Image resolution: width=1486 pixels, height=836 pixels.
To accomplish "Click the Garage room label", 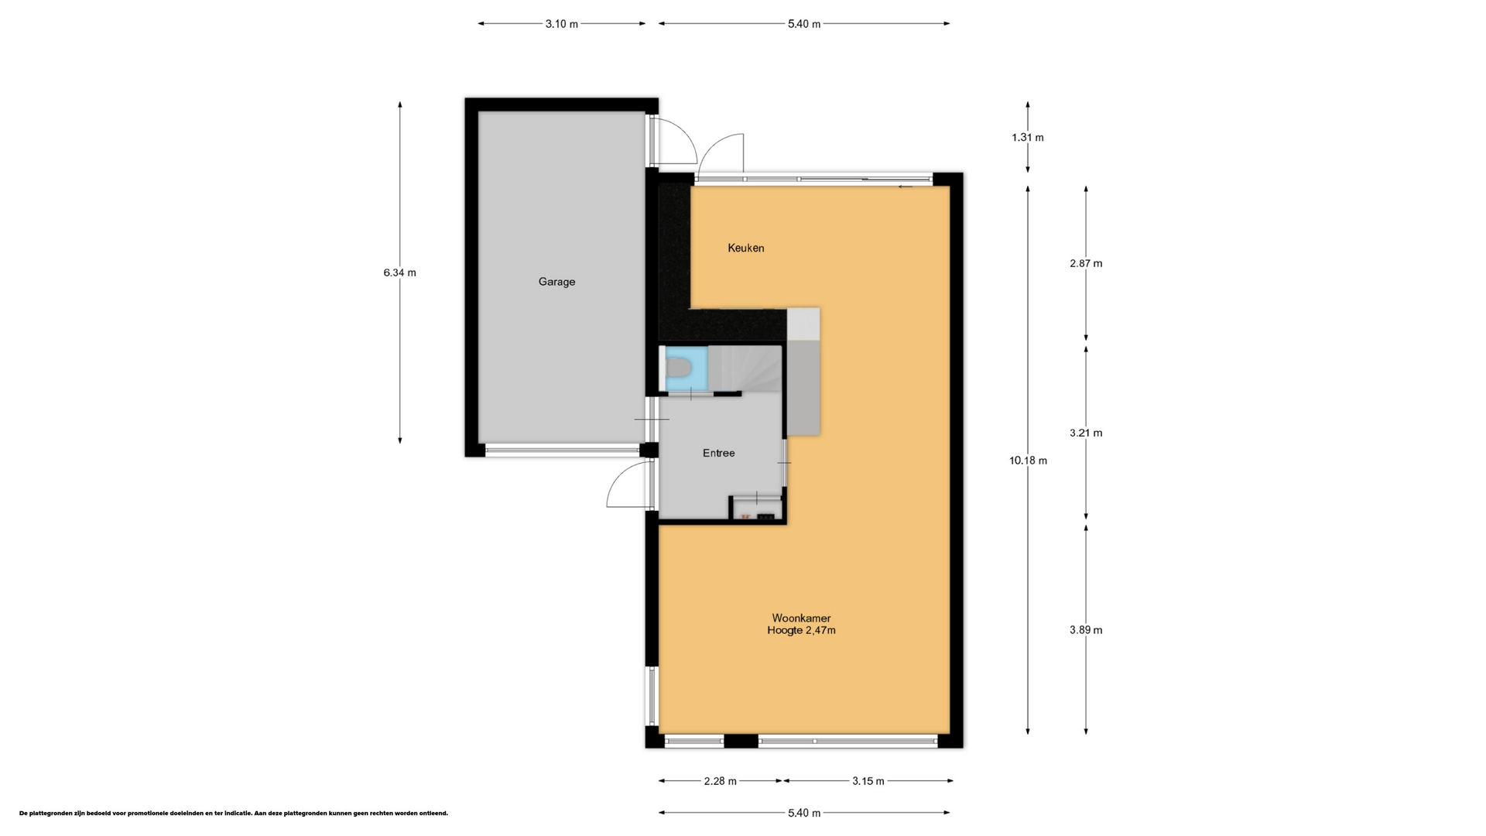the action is coord(556,282).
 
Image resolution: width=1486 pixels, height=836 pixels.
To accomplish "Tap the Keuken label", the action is coord(746,248).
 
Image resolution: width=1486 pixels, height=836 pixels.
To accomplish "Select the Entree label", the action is coord(719,453).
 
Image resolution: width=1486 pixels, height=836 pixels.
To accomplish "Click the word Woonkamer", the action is coord(801,618).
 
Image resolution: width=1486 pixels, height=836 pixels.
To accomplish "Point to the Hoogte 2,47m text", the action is coord(801,630).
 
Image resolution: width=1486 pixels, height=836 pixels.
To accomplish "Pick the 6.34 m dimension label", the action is coord(399,272).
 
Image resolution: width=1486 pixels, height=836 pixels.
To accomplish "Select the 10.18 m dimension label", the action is coord(1028,461).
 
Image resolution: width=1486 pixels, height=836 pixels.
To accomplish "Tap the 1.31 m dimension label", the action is coord(1028,138).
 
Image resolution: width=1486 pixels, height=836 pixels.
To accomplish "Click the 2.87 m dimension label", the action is coord(1086,263).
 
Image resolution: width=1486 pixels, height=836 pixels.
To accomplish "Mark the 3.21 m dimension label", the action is coord(1086,433).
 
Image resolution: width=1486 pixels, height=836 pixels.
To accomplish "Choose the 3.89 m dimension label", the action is coord(1086,630).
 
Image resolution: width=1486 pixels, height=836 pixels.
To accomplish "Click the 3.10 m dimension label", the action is coord(562,24).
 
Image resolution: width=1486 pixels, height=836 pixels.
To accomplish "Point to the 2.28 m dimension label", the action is coord(721,781).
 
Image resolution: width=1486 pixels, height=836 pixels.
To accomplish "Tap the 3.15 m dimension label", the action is coord(868,781).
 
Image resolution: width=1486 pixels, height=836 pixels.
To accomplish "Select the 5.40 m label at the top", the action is coord(804,24).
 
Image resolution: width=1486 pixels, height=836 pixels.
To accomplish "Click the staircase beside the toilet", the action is coord(745,368).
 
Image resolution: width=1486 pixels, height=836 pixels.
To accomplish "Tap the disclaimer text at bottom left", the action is coord(234,814).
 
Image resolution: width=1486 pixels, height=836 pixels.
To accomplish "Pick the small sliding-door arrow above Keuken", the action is coord(905,187).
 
